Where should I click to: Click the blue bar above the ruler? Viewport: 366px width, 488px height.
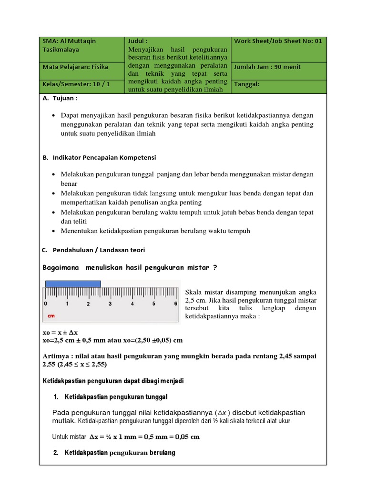point(73,284)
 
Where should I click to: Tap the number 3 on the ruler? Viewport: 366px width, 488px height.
point(110,304)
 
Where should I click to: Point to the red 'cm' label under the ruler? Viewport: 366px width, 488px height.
point(51,315)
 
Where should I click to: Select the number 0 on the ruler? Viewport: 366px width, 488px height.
point(46,304)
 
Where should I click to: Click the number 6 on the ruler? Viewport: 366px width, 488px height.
point(175,304)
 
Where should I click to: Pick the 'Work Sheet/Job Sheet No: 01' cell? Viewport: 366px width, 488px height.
point(278,41)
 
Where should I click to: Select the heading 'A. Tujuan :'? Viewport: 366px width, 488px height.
point(60,98)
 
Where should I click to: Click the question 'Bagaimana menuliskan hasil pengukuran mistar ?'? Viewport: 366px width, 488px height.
point(130,267)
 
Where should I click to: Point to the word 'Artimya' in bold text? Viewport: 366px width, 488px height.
point(57,356)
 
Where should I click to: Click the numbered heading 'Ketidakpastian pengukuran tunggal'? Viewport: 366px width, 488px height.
point(116,396)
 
